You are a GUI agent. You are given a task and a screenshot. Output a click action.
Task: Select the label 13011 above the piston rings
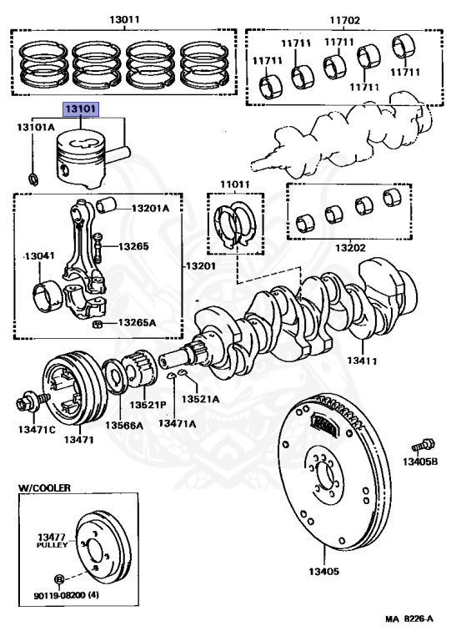click(x=124, y=18)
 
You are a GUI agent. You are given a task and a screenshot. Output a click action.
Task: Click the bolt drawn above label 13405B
click(x=421, y=446)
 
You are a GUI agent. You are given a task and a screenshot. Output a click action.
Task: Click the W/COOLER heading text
click(x=45, y=486)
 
